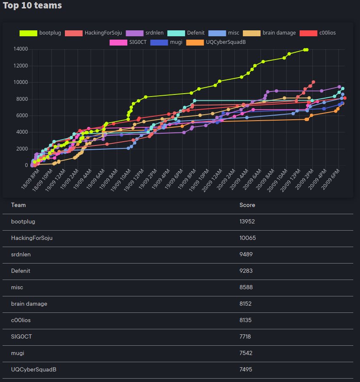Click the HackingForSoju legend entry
coord(95,33)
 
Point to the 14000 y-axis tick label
coord(21,49)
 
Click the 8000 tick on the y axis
coord(22,99)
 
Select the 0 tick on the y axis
coord(26,165)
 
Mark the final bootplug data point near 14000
coord(306,50)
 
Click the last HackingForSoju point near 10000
coord(313,82)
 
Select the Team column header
coord(19,205)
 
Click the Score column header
coord(247,205)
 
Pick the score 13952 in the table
coord(247,222)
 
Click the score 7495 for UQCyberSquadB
coord(247,369)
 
